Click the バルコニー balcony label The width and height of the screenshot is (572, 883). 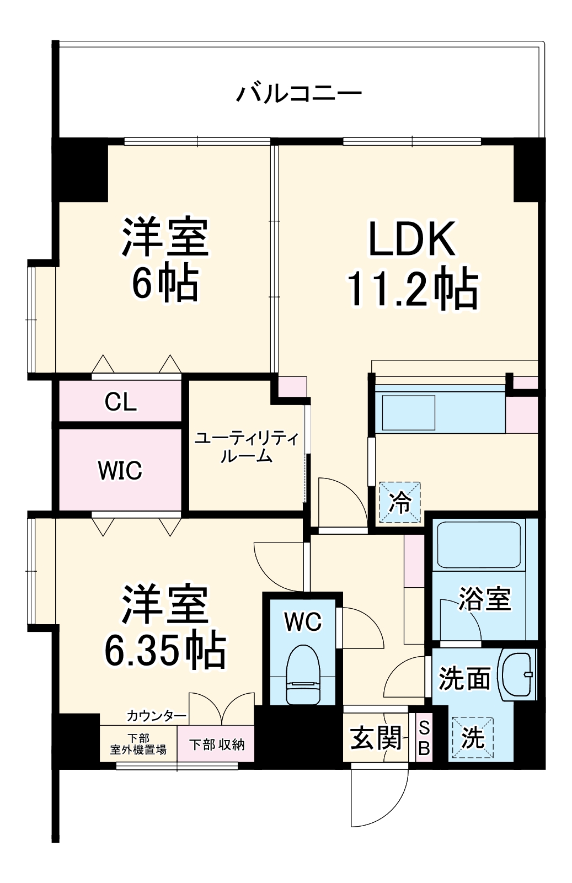point(298,93)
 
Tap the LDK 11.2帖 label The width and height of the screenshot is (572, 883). point(412,264)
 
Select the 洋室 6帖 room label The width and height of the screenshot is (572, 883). point(165,259)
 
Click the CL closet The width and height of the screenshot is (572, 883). point(120,402)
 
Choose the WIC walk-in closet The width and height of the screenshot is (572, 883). point(120,470)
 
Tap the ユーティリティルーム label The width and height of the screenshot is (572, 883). point(247,447)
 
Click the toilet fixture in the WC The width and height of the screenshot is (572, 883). point(303,674)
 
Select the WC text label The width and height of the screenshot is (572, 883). point(303,622)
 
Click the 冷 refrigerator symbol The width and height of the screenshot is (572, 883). point(400,502)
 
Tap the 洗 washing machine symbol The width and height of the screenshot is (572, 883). point(473,738)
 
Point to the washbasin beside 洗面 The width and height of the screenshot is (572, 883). point(517,675)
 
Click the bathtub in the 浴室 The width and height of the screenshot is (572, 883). point(479,545)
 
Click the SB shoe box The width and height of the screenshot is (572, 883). point(424,738)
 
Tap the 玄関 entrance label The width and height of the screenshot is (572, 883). point(376,738)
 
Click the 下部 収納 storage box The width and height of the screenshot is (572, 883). point(216,744)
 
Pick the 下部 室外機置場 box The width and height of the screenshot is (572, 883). point(138,744)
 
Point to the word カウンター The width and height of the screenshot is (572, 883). point(157,716)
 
